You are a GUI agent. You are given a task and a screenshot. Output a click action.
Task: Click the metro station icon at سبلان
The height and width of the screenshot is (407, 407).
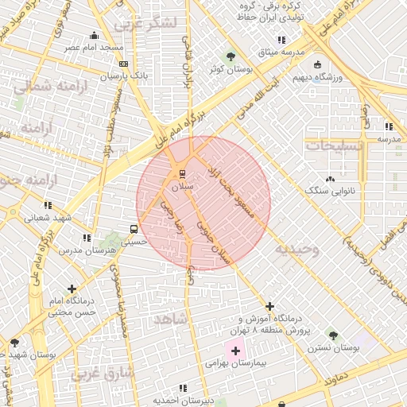[x=182, y=172]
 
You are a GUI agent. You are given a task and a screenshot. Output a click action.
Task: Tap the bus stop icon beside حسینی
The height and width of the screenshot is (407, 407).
[x=133, y=231]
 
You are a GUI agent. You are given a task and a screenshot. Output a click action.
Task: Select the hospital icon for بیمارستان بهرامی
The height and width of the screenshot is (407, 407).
[x=235, y=349]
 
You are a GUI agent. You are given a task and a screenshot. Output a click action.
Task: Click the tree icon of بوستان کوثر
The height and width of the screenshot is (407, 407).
[x=230, y=56]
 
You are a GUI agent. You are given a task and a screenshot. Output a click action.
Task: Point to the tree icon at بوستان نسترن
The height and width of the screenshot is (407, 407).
[x=331, y=335]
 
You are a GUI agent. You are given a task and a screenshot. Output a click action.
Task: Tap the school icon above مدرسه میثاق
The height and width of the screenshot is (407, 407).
[x=281, y=40]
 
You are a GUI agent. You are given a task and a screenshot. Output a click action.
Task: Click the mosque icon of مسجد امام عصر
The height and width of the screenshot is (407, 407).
[x=95, y=35]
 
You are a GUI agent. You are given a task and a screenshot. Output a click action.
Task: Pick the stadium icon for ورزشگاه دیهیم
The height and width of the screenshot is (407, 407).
[x=318, y=64]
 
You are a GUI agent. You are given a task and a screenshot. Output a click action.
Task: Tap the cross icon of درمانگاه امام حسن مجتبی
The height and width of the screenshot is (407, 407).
[x=72, y=289]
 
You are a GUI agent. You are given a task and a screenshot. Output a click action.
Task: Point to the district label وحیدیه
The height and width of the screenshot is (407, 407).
[x=297, y=250]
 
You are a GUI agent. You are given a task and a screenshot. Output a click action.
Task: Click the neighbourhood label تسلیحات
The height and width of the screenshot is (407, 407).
[x=335, y=146]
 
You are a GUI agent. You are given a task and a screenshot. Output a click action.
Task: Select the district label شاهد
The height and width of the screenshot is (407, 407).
[x=171, y=319]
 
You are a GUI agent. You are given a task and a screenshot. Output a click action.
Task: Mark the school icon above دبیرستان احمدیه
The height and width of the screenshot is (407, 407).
[x=184, y=388]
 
